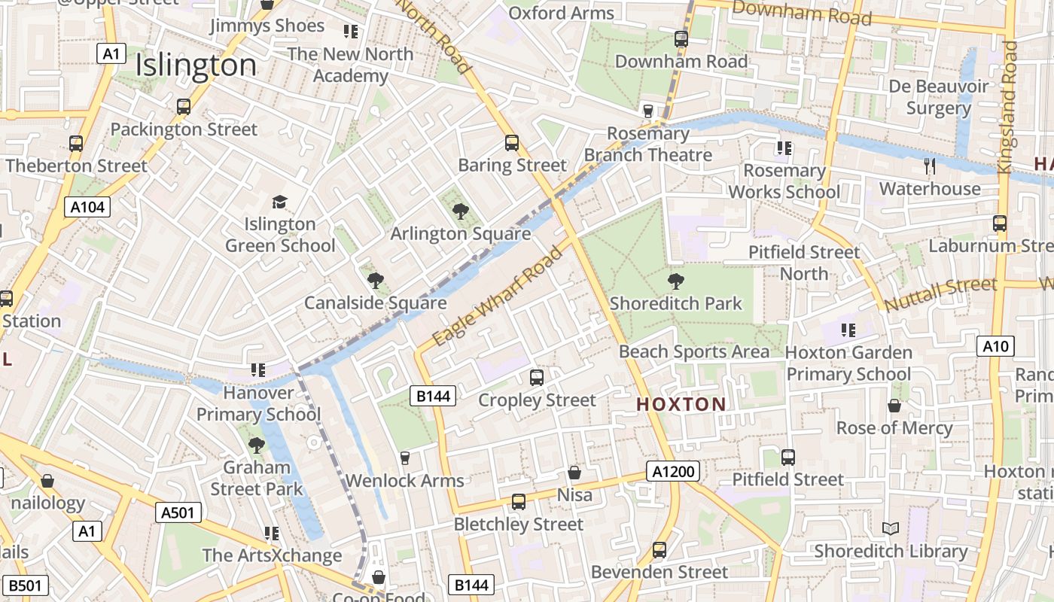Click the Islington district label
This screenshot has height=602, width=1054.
(196, 66)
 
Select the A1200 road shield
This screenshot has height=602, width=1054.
(673, 472)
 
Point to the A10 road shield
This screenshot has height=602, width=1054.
(995, 346)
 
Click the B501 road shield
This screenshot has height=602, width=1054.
(25, 585)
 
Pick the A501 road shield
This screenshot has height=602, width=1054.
(179, 513)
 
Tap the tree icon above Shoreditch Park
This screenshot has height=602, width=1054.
(676, 281)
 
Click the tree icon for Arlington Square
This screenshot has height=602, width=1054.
(460, 211)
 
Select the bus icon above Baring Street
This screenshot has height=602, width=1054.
(512, 143)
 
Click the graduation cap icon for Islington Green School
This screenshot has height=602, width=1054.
(279, 202)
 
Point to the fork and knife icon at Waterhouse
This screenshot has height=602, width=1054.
(930, 166)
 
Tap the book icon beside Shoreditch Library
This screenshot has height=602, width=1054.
(891, 529)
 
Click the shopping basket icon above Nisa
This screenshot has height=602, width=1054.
(574, 473)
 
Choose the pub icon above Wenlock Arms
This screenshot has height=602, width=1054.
(405, 458)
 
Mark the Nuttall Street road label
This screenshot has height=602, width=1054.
(940, 295)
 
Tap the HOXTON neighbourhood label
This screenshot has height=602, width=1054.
(681, 404)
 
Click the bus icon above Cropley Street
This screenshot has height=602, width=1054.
(537, 378)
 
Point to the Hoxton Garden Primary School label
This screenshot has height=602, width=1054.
(848, 363)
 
